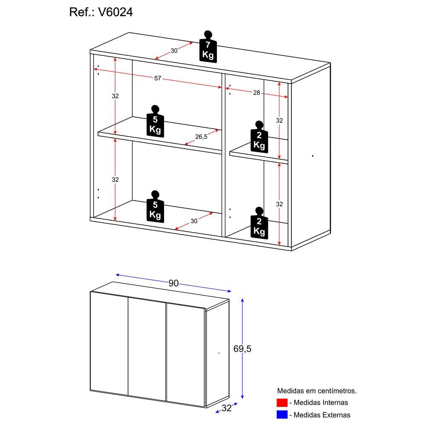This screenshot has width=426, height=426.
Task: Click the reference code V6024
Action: tap(115, 12)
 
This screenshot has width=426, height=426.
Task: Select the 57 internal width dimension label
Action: tap(158, 78)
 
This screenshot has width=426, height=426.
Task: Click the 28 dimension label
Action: tap(256, 92)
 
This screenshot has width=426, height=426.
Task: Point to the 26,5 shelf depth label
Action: tap(201, 137)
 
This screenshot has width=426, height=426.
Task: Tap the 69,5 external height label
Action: tap(242, 349)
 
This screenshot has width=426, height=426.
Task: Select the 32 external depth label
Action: tap(226, 408)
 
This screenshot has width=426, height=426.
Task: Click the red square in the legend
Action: tap(282, 403)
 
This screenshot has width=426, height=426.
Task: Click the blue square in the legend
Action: tap(282, 414)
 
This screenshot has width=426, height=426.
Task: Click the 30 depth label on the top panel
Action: tap(174, 51)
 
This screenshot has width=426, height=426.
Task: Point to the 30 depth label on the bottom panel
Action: tap(194, 221)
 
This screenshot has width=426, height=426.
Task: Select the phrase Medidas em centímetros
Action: tap(317, 390)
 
